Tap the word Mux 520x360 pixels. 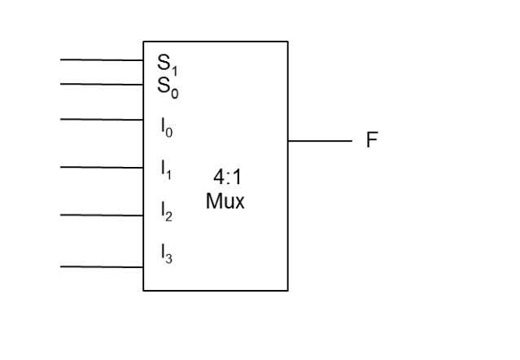pos(225,202)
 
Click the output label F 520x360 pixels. pos(372,140)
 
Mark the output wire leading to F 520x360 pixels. pos(319,140)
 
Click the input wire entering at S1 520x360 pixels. pos(102,59)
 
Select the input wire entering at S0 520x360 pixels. pos(102,83)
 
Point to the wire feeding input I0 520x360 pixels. pos(102,119)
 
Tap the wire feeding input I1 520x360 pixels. pos(102,167)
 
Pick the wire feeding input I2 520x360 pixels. pos(102,215)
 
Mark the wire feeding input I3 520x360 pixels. pos(102,266)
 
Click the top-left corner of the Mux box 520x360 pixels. pos(144,42)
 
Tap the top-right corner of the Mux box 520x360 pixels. pos(287,42)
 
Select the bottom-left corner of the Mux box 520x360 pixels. pos(144,290)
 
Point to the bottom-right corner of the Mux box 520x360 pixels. pos(287,290)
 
